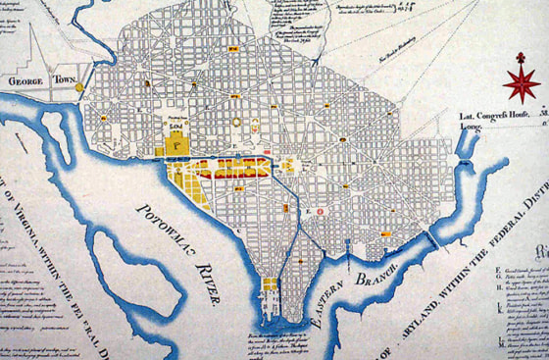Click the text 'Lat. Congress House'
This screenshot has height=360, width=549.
pyautogui.click(x=495, y=116)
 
